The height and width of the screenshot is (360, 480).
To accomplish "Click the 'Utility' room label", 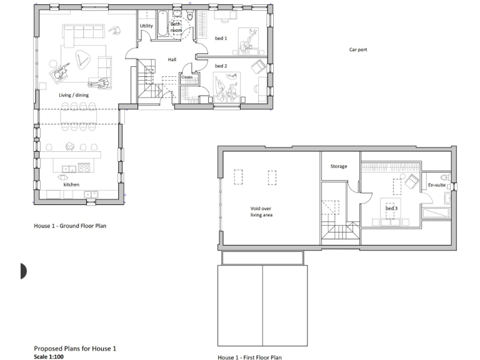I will click(x=146, y=26).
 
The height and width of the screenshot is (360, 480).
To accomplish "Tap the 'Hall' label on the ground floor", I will click(x=172, y=60).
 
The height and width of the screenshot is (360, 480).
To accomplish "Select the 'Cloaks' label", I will click(x=187, y=77).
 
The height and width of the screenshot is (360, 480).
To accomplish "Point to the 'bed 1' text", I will click(x=221, y=38).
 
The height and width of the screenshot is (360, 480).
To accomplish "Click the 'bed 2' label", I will click(x=221, y=66).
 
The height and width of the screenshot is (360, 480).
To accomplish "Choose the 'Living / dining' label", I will click(x=74, y=95).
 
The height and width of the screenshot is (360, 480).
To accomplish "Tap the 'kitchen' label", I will click(x=71, y=185).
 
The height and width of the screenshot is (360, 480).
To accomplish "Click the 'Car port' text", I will click(x=357, y=49).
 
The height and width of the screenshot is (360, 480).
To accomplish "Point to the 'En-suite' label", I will click(x=436, y=185).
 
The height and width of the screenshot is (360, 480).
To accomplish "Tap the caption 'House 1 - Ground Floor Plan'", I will click(x=69, y=226).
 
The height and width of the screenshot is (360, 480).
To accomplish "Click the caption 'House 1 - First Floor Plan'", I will click(x=249, y=357).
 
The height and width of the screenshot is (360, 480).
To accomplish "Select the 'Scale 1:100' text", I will click(x=48, y=357).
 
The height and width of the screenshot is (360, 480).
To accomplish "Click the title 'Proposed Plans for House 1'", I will click(x=75, y=348).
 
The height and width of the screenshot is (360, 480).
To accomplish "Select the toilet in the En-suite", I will click(x=445, y=177).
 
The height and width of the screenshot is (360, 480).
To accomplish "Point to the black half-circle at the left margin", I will click(x=24, y=271).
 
